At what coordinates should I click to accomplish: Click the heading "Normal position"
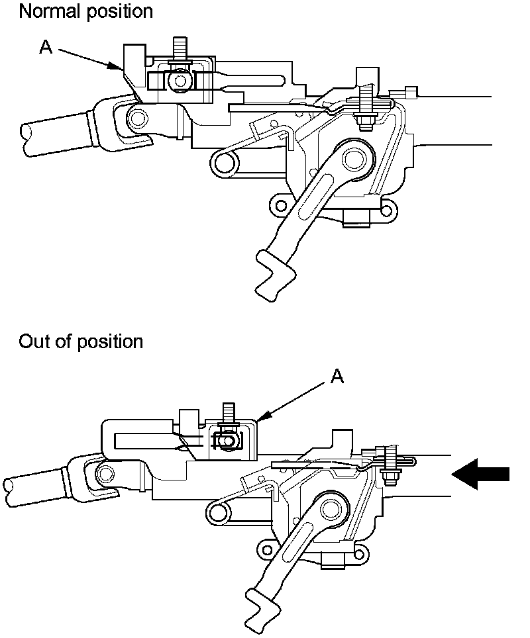(85, 11)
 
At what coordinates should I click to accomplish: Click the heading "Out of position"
(81, 342)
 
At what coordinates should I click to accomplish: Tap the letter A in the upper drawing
(46, 47)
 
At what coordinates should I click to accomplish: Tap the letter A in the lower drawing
(337, 377)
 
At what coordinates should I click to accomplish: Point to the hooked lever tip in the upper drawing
(274, 273)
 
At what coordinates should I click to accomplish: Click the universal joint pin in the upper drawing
(136, 118)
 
